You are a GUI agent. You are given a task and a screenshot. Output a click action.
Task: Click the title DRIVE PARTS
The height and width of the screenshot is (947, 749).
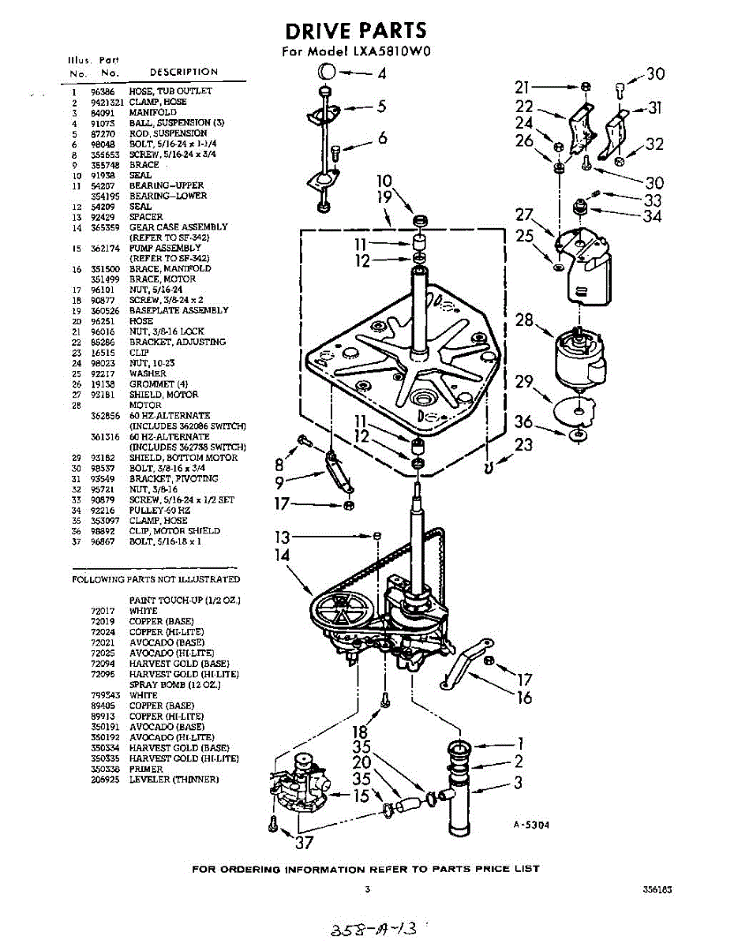355,31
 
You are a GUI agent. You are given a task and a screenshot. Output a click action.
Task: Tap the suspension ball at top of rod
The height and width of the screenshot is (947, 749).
326,73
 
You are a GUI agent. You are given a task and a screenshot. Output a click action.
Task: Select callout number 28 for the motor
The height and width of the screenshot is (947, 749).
524,320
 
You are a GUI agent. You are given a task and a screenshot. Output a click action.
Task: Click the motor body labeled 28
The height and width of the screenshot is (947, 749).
580,359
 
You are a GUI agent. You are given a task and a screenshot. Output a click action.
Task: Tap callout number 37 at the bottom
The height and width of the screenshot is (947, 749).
304,843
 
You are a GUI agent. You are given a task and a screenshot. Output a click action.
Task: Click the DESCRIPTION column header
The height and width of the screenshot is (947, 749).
183,72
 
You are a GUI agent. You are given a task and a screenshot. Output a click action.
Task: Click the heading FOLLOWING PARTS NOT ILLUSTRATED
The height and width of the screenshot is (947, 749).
155,579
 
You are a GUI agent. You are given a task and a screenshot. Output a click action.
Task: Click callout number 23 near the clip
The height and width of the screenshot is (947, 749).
525,444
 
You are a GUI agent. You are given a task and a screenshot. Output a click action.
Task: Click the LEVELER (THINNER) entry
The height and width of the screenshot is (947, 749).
174,780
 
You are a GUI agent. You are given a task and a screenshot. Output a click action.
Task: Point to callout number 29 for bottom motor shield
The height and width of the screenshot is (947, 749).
524,383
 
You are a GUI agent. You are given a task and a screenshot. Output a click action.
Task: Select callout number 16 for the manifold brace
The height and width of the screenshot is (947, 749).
524,698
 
